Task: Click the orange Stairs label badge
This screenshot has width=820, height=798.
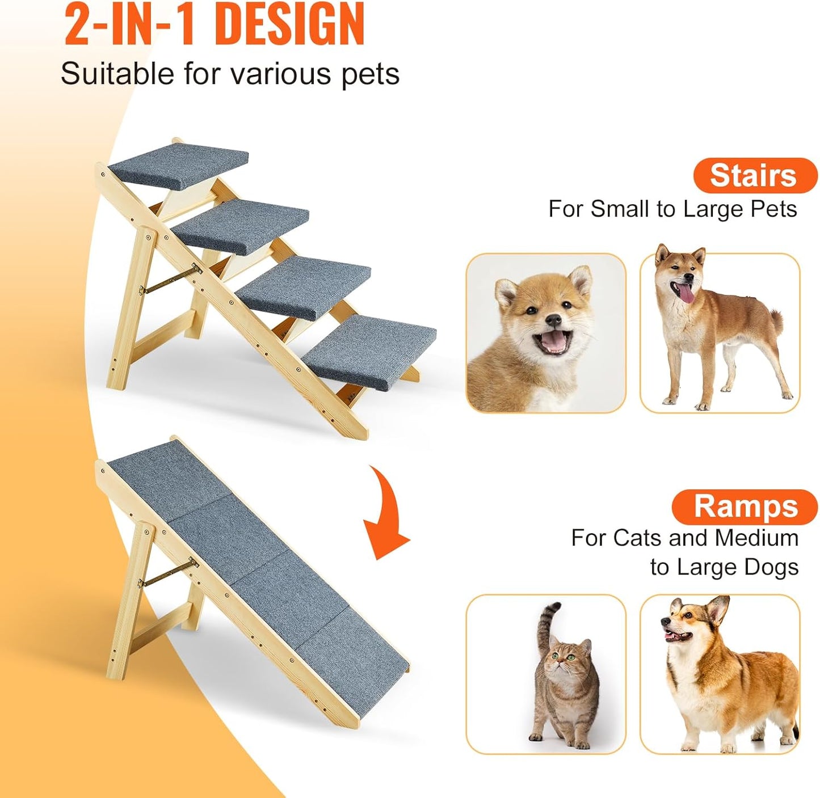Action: tap(754, 175)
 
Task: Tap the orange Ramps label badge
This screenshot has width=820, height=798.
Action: tap(745, 506)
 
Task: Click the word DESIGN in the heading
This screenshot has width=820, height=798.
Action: tap(290, 25)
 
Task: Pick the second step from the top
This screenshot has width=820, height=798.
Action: tap(241, 225)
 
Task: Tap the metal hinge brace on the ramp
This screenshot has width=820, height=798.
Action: tap(168, 573)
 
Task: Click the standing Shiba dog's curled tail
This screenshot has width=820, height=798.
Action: tap(776, 321)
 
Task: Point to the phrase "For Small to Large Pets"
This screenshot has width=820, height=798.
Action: tap(672, 209)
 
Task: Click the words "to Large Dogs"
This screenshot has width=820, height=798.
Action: tap(724, 567)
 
